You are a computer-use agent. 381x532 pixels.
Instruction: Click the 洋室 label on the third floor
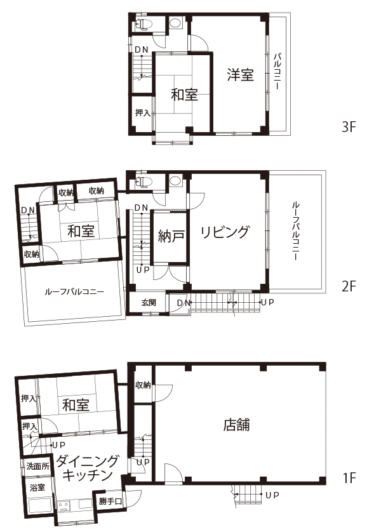click(240, 75)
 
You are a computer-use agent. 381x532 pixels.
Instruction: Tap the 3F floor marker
click(349, 127)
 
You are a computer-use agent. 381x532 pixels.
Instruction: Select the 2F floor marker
click(349, 286)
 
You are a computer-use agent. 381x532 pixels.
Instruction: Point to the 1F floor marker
click(349, 478)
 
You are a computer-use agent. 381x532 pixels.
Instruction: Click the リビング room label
click(225, 232)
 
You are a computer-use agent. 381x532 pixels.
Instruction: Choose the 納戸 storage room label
click(171, 236)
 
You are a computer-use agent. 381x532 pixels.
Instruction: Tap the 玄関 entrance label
click(149, 302)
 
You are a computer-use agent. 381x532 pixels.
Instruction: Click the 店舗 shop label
click(236, 425)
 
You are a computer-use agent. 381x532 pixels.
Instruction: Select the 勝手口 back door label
click(110, 501)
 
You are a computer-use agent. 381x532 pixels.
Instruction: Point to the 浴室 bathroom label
click(37, 488)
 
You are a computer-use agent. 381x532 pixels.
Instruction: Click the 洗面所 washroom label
click(38, 466)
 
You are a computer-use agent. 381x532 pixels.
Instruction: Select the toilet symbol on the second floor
click(144, 182)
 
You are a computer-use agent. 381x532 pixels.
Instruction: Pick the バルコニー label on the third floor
click(277, 71)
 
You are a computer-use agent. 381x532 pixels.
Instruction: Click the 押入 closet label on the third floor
click(142, 112)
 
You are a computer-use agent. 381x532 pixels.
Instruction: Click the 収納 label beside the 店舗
click(142, 385)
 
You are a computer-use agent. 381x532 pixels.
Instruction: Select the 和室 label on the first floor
click(76, 405)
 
